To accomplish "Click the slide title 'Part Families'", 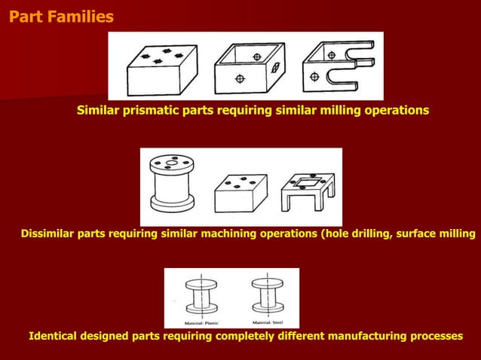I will click(x=61, y=16).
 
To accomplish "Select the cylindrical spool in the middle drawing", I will click(x=172, y=185).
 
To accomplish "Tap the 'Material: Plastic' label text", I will click(x=201, y=322).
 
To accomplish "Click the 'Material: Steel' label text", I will click(x=266, y=322).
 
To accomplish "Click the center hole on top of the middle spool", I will click(x=173, y=160).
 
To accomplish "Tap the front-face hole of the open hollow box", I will click(x=240, y=78).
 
